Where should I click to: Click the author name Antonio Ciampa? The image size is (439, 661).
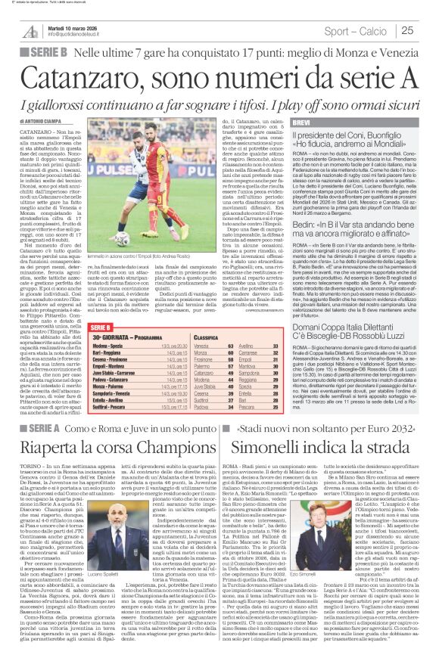(42, 120)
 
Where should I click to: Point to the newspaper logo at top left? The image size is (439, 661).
(30, 30)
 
